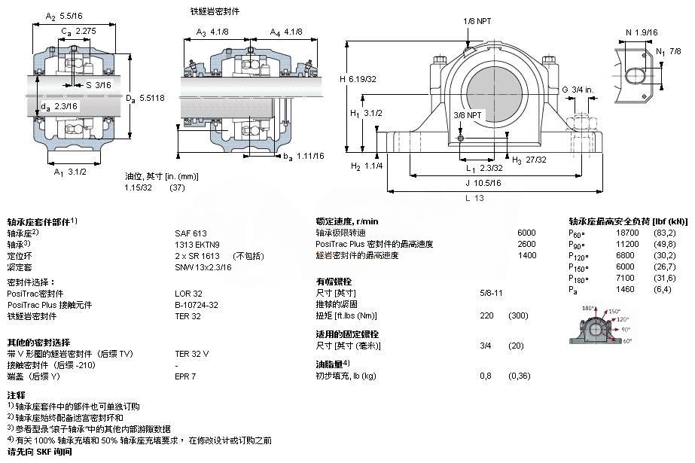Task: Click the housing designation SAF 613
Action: [191, 233]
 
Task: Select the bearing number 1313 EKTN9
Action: [197, 245]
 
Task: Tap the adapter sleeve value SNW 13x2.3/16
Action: [203, 267]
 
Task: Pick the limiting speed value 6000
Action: [526, 233]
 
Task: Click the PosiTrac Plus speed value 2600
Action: [526, 245]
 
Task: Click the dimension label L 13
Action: [474, 198]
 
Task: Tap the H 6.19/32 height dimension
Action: [358, 78]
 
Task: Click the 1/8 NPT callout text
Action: [477, 22]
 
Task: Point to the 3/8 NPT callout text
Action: [468, 114]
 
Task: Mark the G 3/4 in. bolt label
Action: [578, 90]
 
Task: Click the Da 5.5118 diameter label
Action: [151, 98]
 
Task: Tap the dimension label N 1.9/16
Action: [641, 32]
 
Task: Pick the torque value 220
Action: [486, 315]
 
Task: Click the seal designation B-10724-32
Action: [197, 305]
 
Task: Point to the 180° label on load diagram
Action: [588, 309]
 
